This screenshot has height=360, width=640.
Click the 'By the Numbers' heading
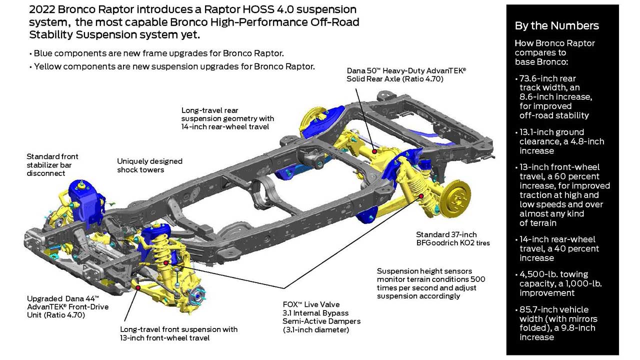click(x=556, y=26)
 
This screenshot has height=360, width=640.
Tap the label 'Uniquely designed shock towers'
click(x=149, y=165)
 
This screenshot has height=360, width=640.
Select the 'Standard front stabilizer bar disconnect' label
click(x=52, y=165)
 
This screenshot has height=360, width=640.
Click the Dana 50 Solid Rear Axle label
click(x=406, y=74)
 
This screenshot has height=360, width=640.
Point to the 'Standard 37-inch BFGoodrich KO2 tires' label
click(x=453, y=239)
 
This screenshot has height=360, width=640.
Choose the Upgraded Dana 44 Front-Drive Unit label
click(x=67, y=306)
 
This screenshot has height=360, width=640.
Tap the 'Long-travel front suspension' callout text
click(x=178, y=333)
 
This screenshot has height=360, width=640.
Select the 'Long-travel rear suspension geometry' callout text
click(x=227, y=118)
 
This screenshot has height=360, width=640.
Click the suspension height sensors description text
click(x=430, y=283)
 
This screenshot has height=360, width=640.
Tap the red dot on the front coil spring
click(x=166, y=262)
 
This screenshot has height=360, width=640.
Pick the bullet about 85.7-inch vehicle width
click(x=557, y=323)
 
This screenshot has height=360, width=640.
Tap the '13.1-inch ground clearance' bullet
click(x=558, y=141)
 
